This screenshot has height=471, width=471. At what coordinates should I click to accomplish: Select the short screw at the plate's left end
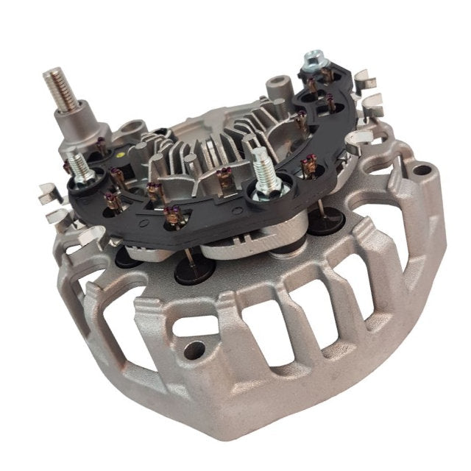click(x=80, y=172)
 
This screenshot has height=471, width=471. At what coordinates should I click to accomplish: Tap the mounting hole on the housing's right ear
click(x=421, y=171)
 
